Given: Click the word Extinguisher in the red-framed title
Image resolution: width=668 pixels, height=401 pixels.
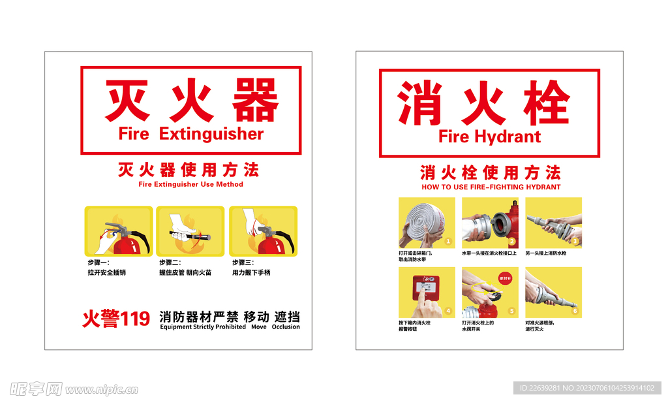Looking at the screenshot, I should coord(211,135).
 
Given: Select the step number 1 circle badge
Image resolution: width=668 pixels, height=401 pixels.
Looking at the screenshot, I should coord(448,242).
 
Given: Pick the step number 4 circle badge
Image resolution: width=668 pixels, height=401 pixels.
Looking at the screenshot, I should coord(448,311).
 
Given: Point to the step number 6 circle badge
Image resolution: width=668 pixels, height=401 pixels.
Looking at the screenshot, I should coord(575,311).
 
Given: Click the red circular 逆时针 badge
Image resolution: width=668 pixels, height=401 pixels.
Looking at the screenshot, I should coord(506,277).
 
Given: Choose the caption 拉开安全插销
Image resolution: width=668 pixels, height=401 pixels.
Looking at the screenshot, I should coord(106,272).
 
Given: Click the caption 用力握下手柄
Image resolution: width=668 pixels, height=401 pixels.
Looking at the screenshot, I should coord(251,272).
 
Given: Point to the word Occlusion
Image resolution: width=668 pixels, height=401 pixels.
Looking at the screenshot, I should coord(286,327).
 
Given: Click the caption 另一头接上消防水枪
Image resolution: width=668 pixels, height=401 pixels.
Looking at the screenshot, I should coord(547,253).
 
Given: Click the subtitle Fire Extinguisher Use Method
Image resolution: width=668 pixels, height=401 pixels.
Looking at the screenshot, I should coord(190,184).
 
